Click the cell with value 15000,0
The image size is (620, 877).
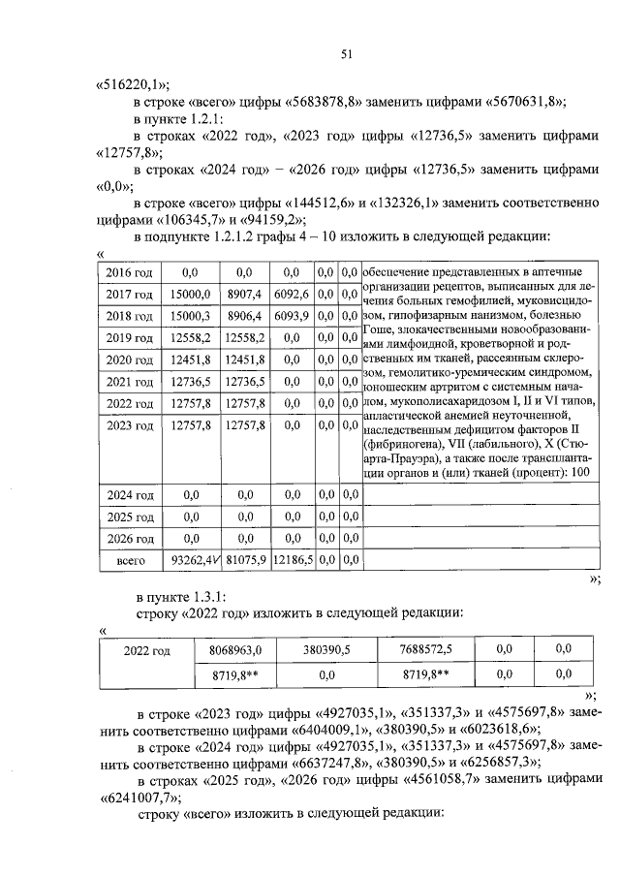pyautogui.click(x=189, y=295)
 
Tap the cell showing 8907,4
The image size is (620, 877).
pyautogui.click(x=242, y=295)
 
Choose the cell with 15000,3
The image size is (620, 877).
pyautogui.click(x=189, y=316)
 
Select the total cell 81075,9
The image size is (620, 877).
pyautogui.click(x=242, y=560)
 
